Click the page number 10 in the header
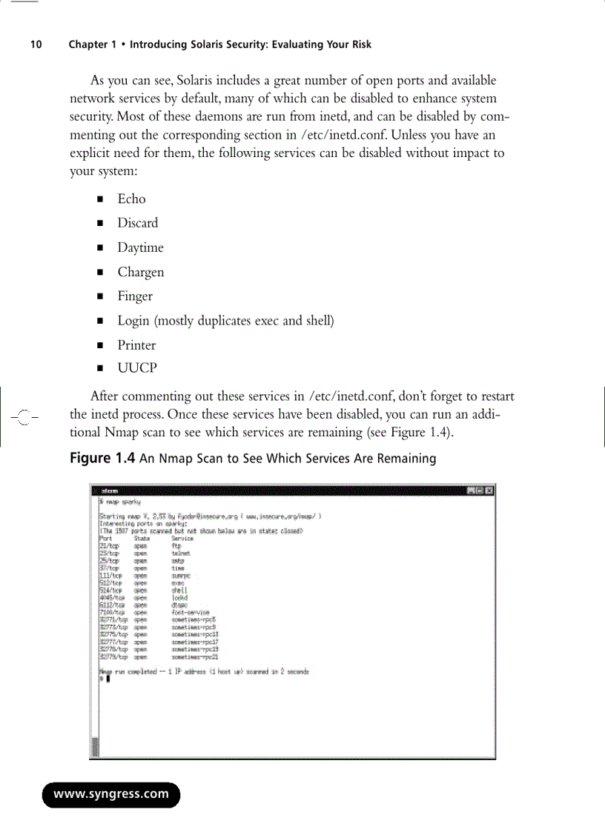point(36,44)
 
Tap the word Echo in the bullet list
point(131,199)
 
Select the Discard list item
point(137,223)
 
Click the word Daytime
point(140,247)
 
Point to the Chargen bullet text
point(140,272)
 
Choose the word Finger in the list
point(135,296)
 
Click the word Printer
point(136,345)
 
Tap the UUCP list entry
point(137,368)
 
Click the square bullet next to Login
point(99,322)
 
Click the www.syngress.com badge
point(111,795)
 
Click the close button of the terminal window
point(489,490)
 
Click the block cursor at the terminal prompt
point(108,680)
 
